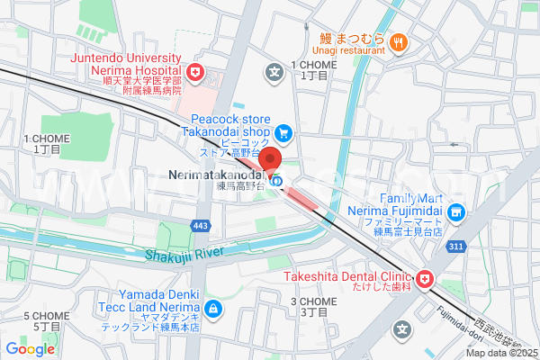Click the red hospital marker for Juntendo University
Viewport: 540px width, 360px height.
(x=194, y=72)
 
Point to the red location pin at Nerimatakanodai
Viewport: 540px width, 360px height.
(x=276, y=166)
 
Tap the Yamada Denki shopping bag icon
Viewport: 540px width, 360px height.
(x=212, y=310)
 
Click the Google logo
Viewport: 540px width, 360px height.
(x=31, y=349)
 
